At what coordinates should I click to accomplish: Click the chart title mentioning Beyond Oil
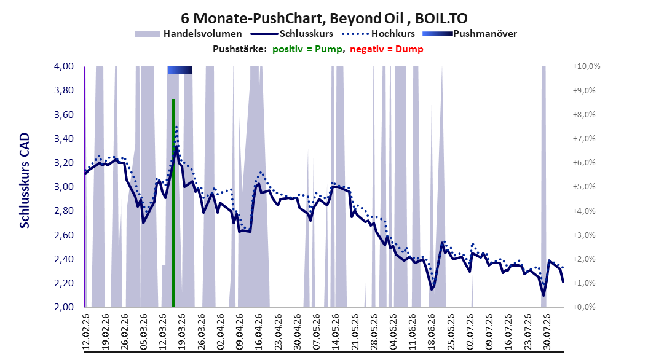(324, 18)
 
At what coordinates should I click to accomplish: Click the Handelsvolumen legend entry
(189, 34)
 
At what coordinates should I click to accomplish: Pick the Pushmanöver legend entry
(470, 34)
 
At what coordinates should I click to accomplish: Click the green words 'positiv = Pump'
(307, 49)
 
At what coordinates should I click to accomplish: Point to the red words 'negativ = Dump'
(387, 49)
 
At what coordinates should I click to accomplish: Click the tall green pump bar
(173, 203)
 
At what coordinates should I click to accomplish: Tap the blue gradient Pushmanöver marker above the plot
(180, 70)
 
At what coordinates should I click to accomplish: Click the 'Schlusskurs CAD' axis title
(25, 180)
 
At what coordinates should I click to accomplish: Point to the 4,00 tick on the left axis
(64, 66)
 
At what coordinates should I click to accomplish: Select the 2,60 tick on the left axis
(64, 235)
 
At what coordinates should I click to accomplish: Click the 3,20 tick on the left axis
(64, 163)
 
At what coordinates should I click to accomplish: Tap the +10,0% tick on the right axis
(587, 66)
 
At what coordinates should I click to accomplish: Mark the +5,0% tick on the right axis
(584, 187)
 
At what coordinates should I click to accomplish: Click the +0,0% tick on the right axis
(584, 307)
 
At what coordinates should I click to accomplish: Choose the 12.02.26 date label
(86, 332)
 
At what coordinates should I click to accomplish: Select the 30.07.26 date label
(547, 332)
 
